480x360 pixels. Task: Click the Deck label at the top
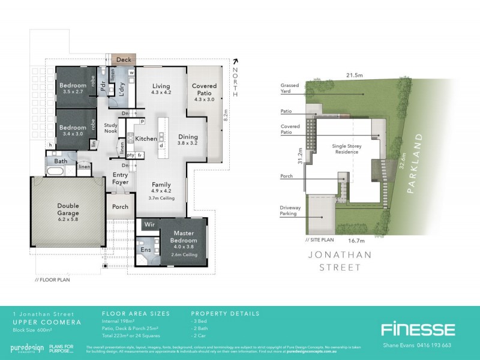pyautogui.click(x=124, y=60)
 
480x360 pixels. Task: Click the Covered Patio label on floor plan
pyautogui.click(x=205, y=90)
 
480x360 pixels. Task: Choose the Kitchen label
pyautogui.click(x=146, y=139)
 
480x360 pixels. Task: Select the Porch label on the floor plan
pyautogui.click(x=121, y=207)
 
